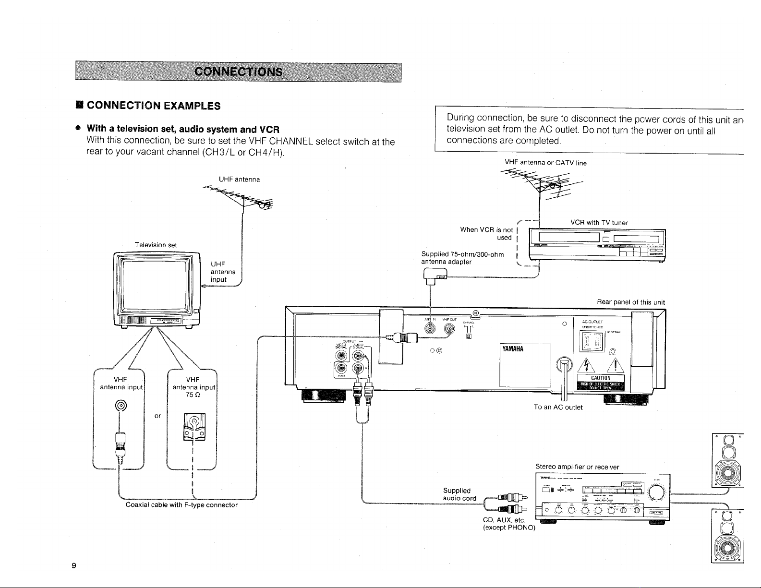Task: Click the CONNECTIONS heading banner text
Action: pyautogui.click(x=238, y=72)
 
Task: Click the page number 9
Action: pyautogui.click(x=73, y=565)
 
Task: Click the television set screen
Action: pyautogui.click(x=154, y=283)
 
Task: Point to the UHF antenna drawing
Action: pyautogui.click(x=242, y=197)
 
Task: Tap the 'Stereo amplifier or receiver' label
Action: pyautogui.click(x=577, y=467)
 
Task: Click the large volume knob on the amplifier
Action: pyautogui.click(x=656, y=492)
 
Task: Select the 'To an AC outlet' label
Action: pyautogui.click(x=558, y=408)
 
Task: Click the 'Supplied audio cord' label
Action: pyautogui.click(x=459, y=494)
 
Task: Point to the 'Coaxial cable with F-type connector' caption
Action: pyautogui.click(x=181, y=505)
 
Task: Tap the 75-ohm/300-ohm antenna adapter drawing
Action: pyautogui.click(x=433, y=277)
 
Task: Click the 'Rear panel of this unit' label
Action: pyautogui.click(x=630, y=302)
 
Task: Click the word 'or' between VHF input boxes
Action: pyautogui.click(x=157, y=416)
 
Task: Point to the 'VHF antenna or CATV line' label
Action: pyautogui.click(x=545, y=163)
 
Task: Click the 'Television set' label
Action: pyautogui.click(x=156, y=245)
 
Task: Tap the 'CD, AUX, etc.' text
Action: pyautogui.click(x=504, y=521)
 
